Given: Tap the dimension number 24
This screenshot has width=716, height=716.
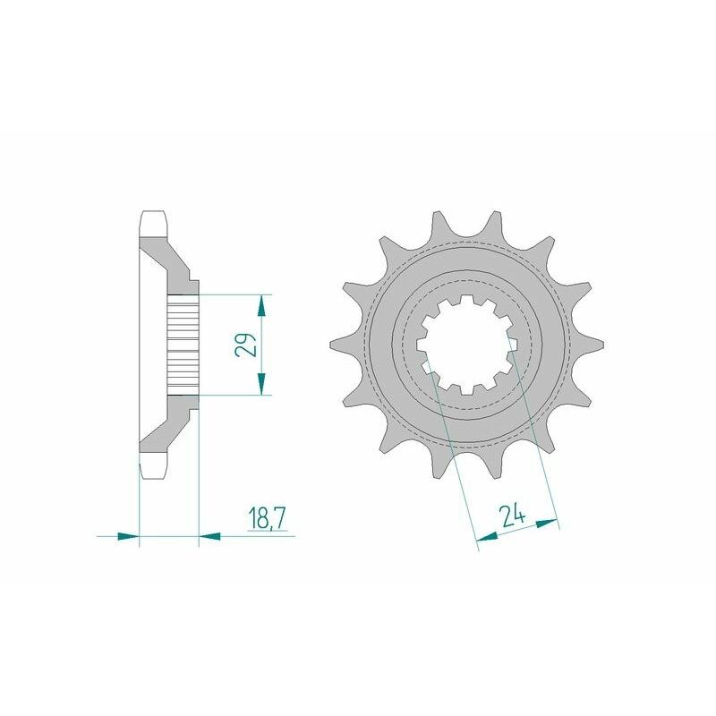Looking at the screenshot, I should pyautogui.click(x=513, y=516).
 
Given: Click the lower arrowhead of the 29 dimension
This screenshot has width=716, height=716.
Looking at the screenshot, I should pyautogui.click(x=261, y=386).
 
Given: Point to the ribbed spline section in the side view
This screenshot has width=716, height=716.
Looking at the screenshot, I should pyautogui.click(x=183, y=345).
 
